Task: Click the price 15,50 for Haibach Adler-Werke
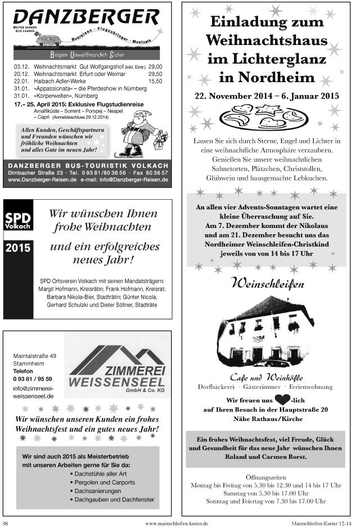pyautogui.click(x=155, y=81)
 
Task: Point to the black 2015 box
pyautogui.click(x=18, y=247)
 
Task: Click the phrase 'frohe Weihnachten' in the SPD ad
pyautogui.click(x=102, y=227)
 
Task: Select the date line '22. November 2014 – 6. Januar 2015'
pyautogui.click(x=267, y=96)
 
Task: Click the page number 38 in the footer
pyautogui.click(x=5, y=523)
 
